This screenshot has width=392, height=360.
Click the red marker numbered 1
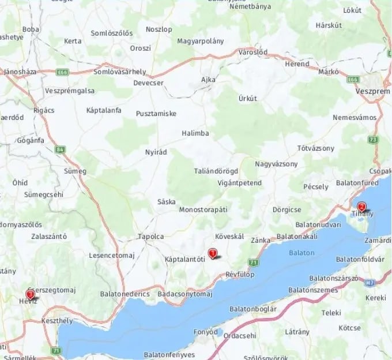213,252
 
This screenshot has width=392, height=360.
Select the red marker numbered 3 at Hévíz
30,294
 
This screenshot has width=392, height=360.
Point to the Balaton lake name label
301,253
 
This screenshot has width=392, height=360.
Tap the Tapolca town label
150,237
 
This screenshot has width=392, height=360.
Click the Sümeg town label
75,171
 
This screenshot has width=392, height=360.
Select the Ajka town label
208,79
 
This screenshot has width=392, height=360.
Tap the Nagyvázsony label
276,164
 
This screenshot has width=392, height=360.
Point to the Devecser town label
148,82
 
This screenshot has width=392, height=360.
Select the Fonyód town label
206,332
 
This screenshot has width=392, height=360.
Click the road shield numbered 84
61,149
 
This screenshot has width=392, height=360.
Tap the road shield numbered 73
374,140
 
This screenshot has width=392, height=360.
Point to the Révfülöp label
240,274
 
